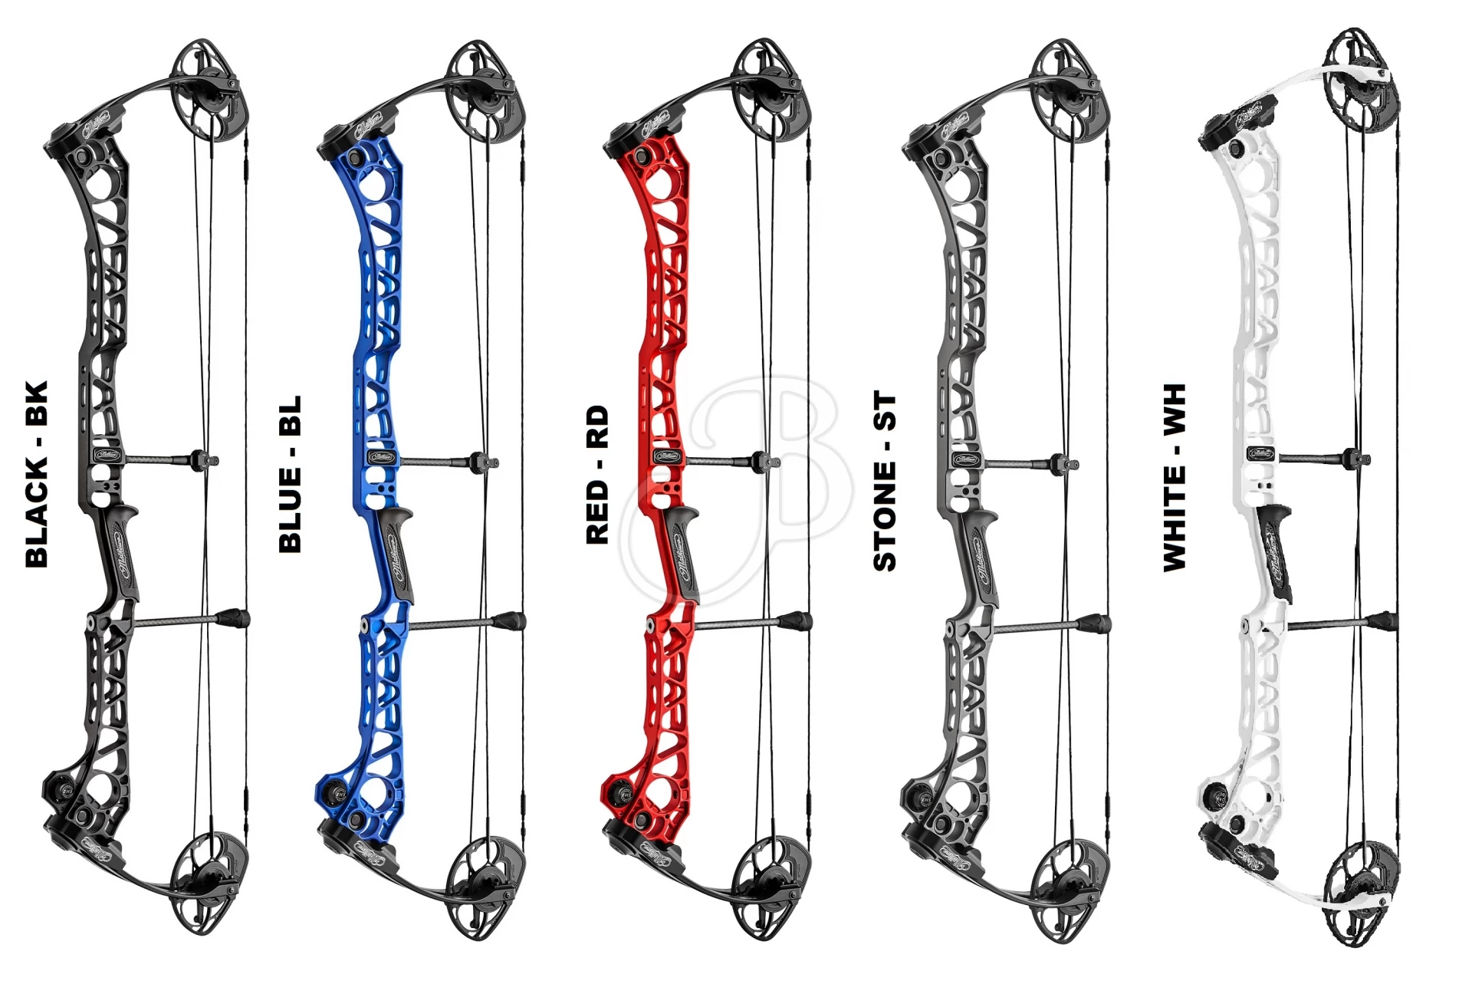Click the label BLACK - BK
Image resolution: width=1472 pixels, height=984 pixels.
point(37,474)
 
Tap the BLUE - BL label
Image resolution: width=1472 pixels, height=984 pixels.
point(290,474)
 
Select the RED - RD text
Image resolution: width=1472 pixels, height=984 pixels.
point(596,475)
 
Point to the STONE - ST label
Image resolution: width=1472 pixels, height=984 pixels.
point(884,482)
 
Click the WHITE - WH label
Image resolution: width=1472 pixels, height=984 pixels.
point(1174,477)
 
